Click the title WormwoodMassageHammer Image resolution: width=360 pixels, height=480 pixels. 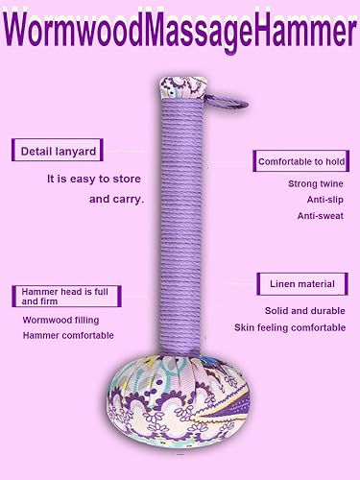pyautogui.click(x=180, y=32)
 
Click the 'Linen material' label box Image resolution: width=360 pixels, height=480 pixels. pyautogui.click(x=299, y=284)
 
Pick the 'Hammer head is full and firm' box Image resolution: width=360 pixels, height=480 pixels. pyautogui.click(x=58, y=295)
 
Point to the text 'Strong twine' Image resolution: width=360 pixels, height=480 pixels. pyautogui.click(x=310, y=183)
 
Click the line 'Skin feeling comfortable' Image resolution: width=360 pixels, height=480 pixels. pyautogui.click(x=290, y=328)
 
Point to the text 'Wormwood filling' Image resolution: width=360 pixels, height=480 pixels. pyautogui.click(x=60, y=320)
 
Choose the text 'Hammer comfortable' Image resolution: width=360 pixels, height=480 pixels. pyautogui.click(x=68, y=335)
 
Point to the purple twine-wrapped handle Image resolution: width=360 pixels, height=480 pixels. pyautogui.click(x=181, y=221)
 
